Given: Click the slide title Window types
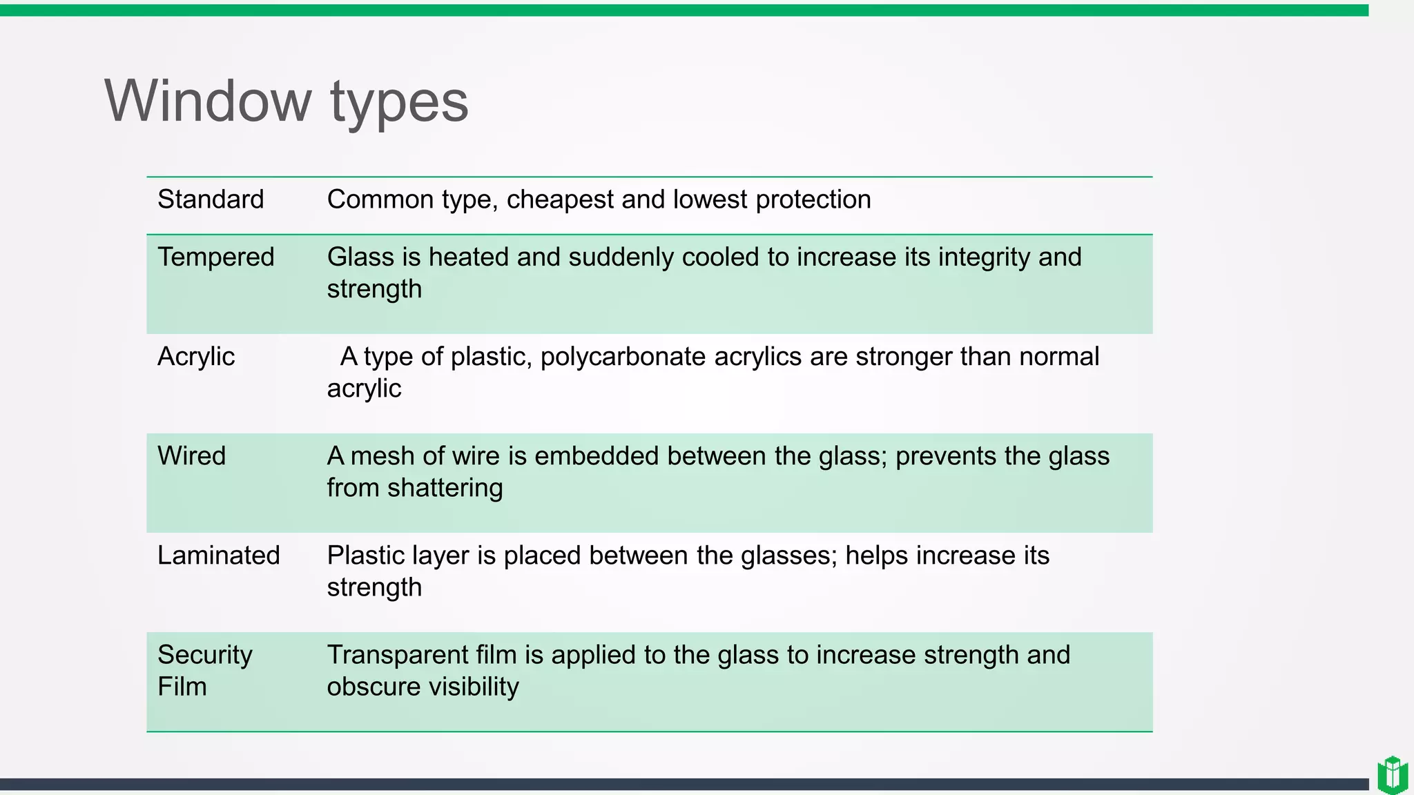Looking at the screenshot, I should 286,101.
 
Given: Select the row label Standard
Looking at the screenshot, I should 211,199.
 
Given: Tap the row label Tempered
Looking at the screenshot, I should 216,257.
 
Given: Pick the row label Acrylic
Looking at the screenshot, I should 196,357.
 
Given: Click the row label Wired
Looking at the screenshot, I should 191,456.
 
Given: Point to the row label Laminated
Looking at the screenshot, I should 218,556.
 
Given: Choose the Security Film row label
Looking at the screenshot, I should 204,670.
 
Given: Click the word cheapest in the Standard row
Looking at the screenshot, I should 560,199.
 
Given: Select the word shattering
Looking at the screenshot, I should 445,488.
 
